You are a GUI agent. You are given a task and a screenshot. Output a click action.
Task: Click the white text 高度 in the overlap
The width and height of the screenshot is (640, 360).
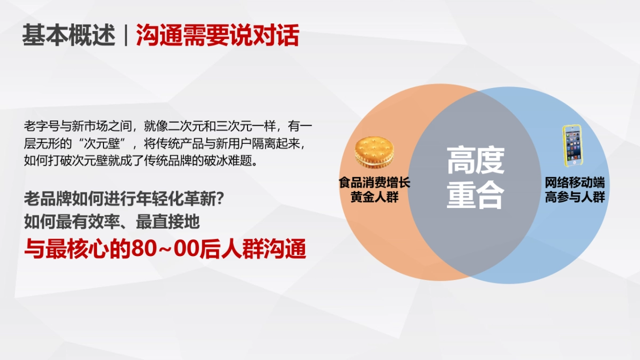pos(475,161)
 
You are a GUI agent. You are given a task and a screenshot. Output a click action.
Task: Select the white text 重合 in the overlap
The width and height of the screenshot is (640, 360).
pos(475,196)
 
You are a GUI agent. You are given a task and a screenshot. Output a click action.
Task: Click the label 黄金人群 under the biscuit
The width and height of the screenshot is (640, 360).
pos(374,197)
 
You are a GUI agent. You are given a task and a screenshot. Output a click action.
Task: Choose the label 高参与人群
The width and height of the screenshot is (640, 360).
pos(574,197)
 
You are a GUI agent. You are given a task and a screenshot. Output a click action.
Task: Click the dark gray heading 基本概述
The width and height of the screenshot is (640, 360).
pos(68,36)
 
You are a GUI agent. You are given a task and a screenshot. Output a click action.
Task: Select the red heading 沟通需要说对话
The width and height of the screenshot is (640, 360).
pos(218,36)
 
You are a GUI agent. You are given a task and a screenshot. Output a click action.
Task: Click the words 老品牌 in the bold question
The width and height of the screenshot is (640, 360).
pos(43,200)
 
